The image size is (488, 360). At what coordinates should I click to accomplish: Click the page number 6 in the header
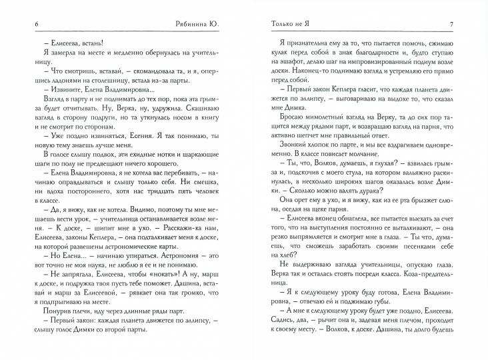(26, 25)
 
